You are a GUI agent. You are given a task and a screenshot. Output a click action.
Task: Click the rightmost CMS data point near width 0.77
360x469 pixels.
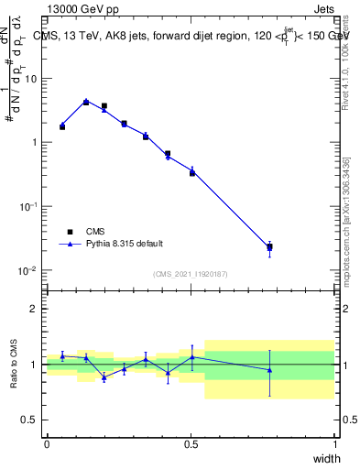pyautogui.click(x=269, y=246)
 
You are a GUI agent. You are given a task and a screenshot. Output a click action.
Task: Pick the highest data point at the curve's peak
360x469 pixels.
pyautogui.click(x=86, y=102)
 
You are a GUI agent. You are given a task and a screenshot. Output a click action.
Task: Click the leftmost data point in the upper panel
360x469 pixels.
pyautogui.click(x=62, y=125)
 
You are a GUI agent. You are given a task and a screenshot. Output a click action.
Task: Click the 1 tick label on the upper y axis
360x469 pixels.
pyautogui.click(x=36, y=143)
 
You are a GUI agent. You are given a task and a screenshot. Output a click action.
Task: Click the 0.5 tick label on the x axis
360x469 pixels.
pyautogui.click(x=191, y=444)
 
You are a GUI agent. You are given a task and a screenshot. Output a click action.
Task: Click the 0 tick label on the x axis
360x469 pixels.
pyautogui.click(x=47, y=444)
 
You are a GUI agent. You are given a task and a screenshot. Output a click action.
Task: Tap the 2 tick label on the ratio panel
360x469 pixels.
pyautogui.click(x=36, y=309)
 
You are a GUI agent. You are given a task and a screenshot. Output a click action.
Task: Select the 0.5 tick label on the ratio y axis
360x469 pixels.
pyautogui.click(x=32, y=420)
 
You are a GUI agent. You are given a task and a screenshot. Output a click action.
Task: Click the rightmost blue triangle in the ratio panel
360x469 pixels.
pyautogui.click(x=269, y=370)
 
